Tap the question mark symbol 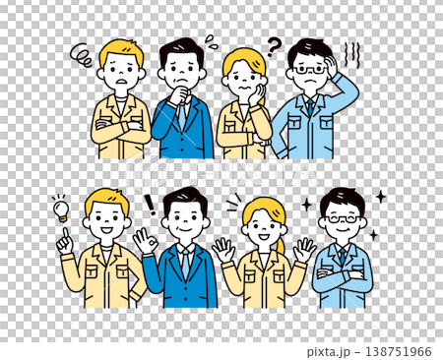click(275, 43)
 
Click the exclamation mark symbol click(150, 205)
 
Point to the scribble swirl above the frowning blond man click(83, 55)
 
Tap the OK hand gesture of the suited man click(146, 240)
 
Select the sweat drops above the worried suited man click(210, 40)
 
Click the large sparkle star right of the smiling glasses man click(380, 198)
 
